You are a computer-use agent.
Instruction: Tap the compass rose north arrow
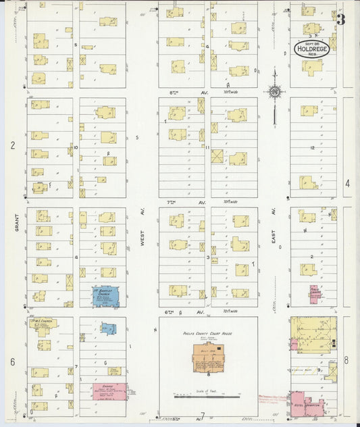tap(275, 91)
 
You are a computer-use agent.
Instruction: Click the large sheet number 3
tap(341, 20)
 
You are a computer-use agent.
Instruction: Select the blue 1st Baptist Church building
tap(105, 296)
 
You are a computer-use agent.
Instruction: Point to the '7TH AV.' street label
tap(178, 201)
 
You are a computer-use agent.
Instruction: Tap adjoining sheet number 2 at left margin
tap(12, 145)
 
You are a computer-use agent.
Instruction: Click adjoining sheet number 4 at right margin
tap(347, 183)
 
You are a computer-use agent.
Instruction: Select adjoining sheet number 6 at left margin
tap(12, 361)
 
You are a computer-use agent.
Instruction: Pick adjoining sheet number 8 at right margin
tap(346, 359)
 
